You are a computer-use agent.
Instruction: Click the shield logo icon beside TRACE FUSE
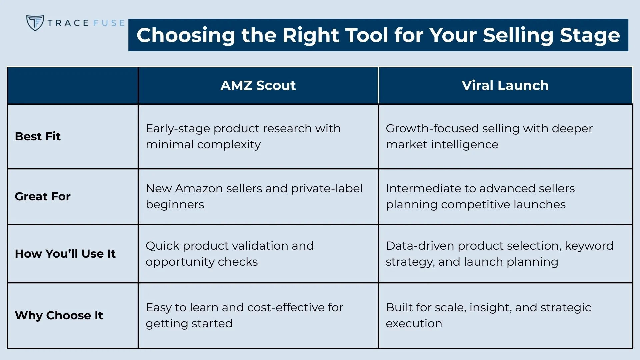(x=35, y=23)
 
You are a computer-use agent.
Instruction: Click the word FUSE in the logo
(x=109, y=23)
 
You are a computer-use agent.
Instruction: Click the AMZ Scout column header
(x=258, y=85)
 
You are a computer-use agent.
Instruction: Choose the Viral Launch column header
(x=505, y=85)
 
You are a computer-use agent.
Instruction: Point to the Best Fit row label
(x=38, y=136)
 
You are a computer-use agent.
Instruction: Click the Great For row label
(x=43, y=196)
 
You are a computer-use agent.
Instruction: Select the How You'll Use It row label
(x=65, y=254)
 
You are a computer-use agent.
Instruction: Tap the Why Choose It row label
(x=59, y=315)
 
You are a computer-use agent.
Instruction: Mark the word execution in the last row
(x=414, y=323)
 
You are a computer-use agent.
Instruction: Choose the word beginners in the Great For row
(x=175, y=205)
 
